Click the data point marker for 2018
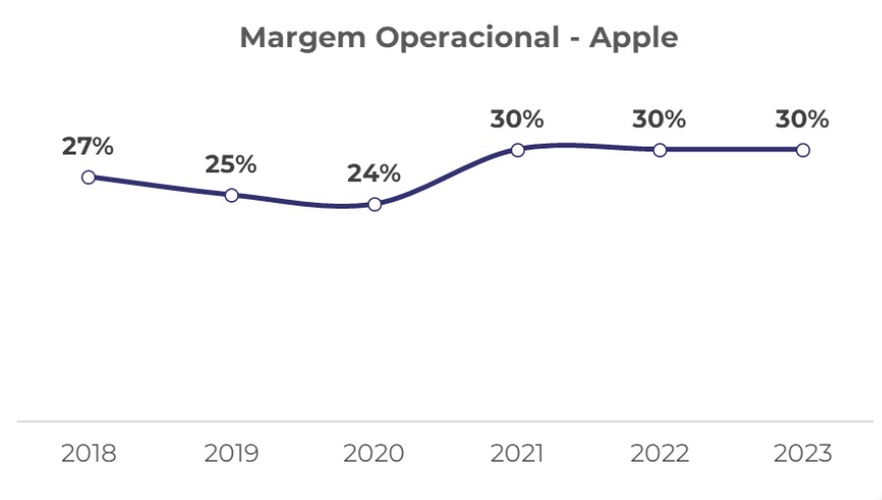pyautogui.click(x=88, y=177)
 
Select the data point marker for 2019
pyautogui.click(x=231, y=195)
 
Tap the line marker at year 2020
pyautogui.click(x=375, y=205)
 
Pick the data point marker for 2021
pyautogui.click(x=517, y=150)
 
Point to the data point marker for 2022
pyautogui.click(x=660, y=150)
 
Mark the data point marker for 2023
pyautogui.click(x=802, y=150)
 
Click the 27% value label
pyautogui.click(x=88, y=147)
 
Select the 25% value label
pyautogui.click(x=231, y=164)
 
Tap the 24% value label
pyautogui.click(x=375, y=174)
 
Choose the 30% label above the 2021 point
pyautogui.click(x=517, y=119)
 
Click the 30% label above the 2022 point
pyautogui.click(x=660, y=119)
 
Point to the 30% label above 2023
pyautogui.click(x=802, y=119)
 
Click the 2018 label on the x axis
pyautogui.click(x=88, y=454)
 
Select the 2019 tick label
pyautogui.click(x=231, y=454)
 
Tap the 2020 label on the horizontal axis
pyautogui.click(x=375, y=454)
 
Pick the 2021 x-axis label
pyautogui.click(x=517, y=454)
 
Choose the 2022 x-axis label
pyautogui.click(x=660, y=454)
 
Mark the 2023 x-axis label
pyautogui.click(x=802, y=454)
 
